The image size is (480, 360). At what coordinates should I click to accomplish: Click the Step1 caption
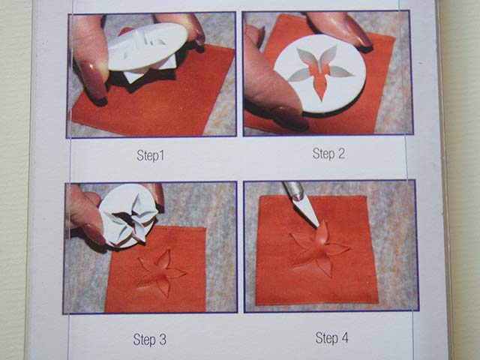(150, 155)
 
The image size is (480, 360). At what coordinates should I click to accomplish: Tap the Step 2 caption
(328, 153)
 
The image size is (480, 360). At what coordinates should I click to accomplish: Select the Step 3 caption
(150, 339)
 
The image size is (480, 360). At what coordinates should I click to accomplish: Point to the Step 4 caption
(331, 338)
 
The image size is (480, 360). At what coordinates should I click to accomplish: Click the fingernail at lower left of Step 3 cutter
(94, 234)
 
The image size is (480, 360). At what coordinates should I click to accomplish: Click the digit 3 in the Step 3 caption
(163, 340)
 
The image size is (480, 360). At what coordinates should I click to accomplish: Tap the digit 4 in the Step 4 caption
(344, 337)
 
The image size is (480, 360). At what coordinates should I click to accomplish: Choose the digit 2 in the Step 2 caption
(341, 153)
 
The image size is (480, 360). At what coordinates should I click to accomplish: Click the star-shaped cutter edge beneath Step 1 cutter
(150, 73)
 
